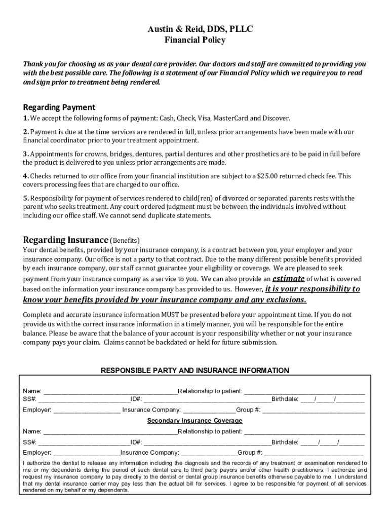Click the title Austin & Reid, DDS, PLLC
tap(195, 30)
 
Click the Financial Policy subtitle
tap(195, 41)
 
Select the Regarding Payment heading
tap(59, 107)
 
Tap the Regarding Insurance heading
tap(66, 240)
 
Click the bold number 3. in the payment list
tap(26, 154)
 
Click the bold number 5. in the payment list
tap(26, 198)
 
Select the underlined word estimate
tap(288, 279)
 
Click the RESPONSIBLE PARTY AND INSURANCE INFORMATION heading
tap(195, 370)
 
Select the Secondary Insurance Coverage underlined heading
tap(195, 421)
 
